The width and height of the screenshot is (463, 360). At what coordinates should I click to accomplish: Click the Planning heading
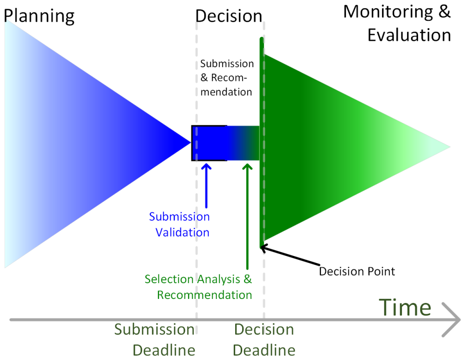tap(39, 16)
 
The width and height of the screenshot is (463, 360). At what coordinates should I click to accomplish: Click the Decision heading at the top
tap(229, 16)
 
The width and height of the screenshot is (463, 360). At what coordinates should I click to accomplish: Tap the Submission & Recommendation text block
tap(227, 77)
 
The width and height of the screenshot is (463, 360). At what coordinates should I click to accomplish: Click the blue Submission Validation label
tap(179, 224)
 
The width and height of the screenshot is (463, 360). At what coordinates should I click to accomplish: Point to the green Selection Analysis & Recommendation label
tap(198, 287)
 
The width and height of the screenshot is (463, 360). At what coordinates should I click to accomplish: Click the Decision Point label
tap(357, 271)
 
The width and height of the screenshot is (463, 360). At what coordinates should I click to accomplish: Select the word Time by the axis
tap(405, 307)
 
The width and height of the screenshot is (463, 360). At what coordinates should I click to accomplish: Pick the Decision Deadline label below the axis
tap(264, 340)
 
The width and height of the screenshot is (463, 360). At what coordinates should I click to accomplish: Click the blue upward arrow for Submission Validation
tap(206, 185)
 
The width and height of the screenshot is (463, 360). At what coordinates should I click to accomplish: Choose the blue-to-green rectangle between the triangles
tap(225, 143)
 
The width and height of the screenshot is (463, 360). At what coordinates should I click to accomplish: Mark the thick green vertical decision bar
tap(262, 139)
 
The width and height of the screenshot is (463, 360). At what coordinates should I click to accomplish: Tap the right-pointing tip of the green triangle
tap(449, 147)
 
